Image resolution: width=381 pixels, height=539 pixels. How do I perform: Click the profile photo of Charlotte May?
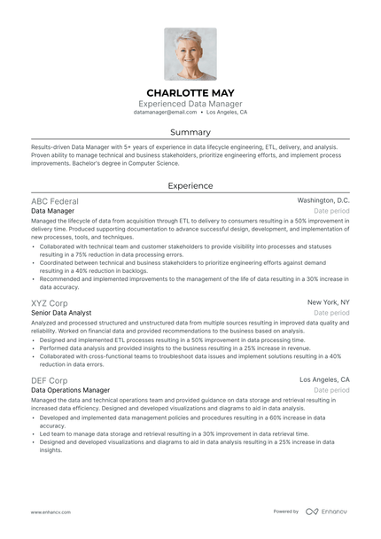(x=190, y=54)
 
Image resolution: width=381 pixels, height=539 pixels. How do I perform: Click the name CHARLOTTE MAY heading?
(x=190, y=92)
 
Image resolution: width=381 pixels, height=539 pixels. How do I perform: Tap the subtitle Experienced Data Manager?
(x=190, y=104)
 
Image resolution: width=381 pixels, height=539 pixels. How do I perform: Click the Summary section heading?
(x=190, y=132)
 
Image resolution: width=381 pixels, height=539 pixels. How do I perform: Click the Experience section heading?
(x=190, y=186)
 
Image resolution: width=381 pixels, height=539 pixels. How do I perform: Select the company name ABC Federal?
(x=54, y=202)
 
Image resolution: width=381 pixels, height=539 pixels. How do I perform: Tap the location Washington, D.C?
(x=323, y=201)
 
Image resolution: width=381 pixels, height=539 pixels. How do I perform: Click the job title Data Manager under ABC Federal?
(x=52, y=213)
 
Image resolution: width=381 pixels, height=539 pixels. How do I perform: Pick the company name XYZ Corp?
(x=51, y=302)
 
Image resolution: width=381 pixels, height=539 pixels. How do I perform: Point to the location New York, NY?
(x=328, y=302)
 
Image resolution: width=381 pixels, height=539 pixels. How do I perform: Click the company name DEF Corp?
(x=50, y=379)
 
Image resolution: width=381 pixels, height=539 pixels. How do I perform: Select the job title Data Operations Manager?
(x=71, y=391)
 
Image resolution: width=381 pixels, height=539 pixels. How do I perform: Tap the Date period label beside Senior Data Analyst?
(x=332, y=314)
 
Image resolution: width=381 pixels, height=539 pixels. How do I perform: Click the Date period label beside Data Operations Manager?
(x=332, y=391)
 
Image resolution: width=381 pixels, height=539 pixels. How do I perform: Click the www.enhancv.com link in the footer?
(x=51, y=512)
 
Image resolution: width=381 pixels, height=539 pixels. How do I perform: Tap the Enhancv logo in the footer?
(x=328, y=512)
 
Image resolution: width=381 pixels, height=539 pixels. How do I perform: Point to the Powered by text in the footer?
(x=286, y=512)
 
